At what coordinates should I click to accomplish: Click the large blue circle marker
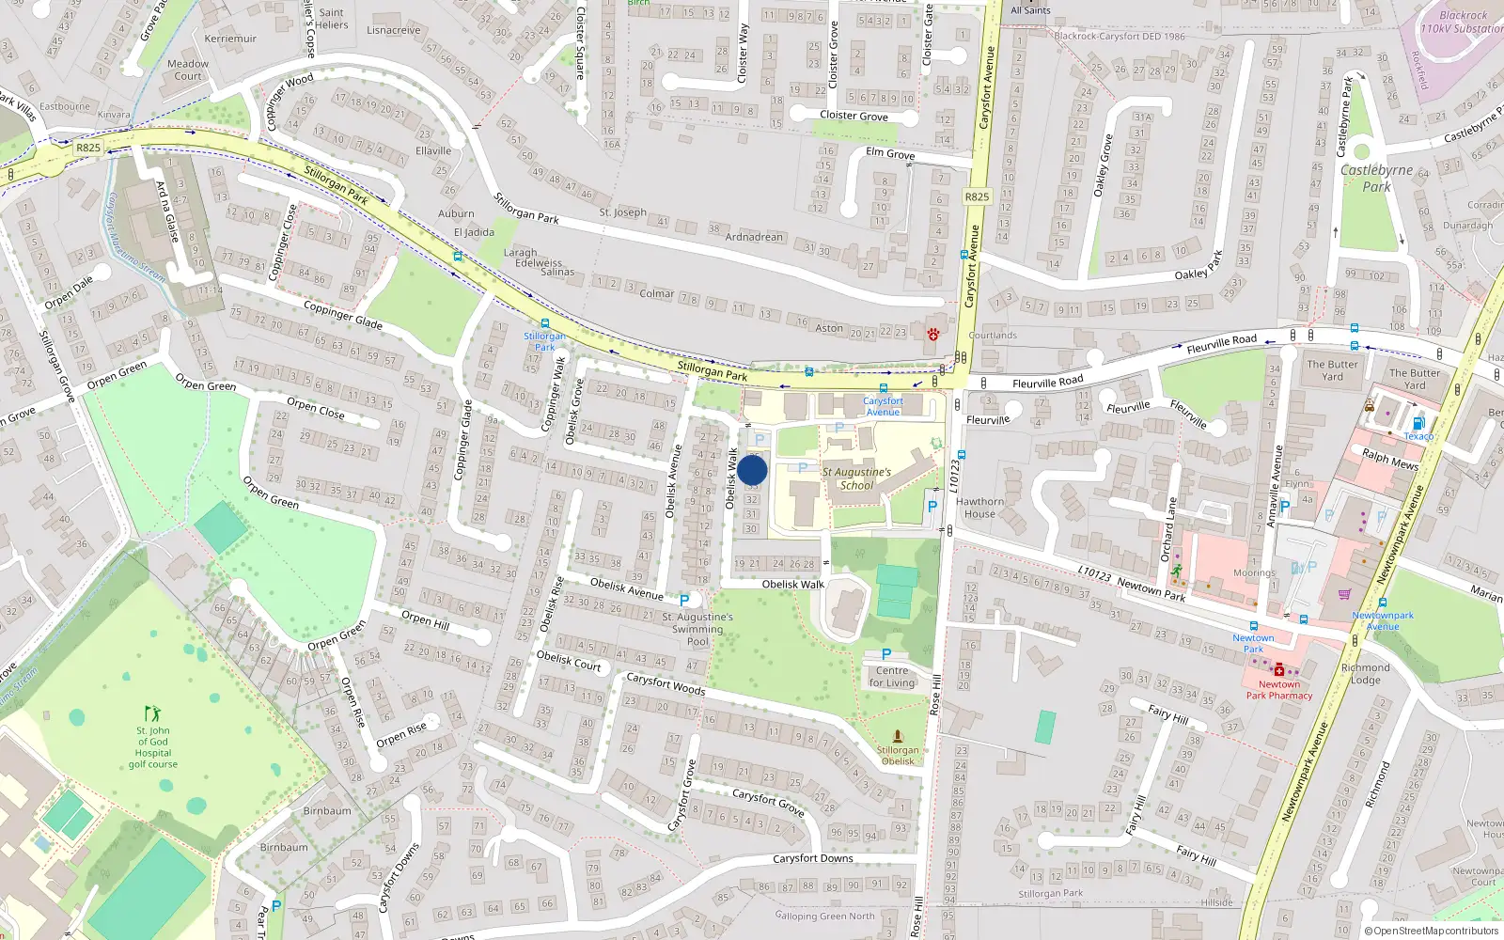752,471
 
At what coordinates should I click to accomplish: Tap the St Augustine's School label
856,478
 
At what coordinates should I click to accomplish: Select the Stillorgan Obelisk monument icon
898,736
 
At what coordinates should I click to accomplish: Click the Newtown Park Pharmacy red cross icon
1279,669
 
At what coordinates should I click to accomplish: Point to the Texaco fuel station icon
1418,424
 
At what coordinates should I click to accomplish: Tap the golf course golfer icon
152,714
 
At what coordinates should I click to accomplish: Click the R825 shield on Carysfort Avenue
977,196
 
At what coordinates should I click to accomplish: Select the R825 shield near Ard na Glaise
88,148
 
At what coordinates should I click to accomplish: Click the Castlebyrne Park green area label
1376,179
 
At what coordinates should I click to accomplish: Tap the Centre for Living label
892,677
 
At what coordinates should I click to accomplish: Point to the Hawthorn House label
979,508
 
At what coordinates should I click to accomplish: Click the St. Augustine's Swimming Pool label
697,629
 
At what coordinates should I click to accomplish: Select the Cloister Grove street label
854,116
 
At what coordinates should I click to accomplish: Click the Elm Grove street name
890,153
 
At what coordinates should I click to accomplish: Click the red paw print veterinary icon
933,334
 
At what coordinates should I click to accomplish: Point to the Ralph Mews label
1390,459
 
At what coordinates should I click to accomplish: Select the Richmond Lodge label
1365,673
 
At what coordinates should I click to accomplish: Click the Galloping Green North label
824,916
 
